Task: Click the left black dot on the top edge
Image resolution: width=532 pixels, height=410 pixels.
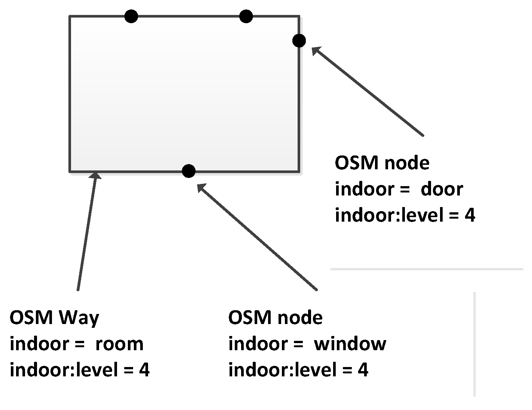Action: coord(131,16)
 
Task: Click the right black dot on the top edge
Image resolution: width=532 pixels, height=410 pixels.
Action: coord(246,16)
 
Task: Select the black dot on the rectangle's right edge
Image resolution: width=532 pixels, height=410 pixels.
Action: coord(299,40)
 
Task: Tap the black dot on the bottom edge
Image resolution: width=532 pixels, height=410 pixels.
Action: coord(189,171)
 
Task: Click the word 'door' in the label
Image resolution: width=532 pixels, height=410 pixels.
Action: coord(442,189)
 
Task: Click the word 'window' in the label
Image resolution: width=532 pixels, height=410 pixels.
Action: coord(350,344)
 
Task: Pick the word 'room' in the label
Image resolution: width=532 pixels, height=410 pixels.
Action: coord(119,344)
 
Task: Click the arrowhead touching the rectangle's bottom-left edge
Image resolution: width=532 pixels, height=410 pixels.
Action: coord(96,176)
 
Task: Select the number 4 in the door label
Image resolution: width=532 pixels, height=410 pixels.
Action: coord(470,216)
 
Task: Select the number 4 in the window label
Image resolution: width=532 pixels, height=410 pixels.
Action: coord(363,370)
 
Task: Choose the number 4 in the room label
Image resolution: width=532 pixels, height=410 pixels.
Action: coord(144,370)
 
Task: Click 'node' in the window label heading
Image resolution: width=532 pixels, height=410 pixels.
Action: coord(300,318)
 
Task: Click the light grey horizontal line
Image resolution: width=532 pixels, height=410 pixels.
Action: coord(426,269)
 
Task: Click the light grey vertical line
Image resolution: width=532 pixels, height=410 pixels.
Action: coord(474,344)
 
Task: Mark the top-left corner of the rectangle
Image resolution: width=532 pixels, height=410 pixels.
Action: coord(70,16)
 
